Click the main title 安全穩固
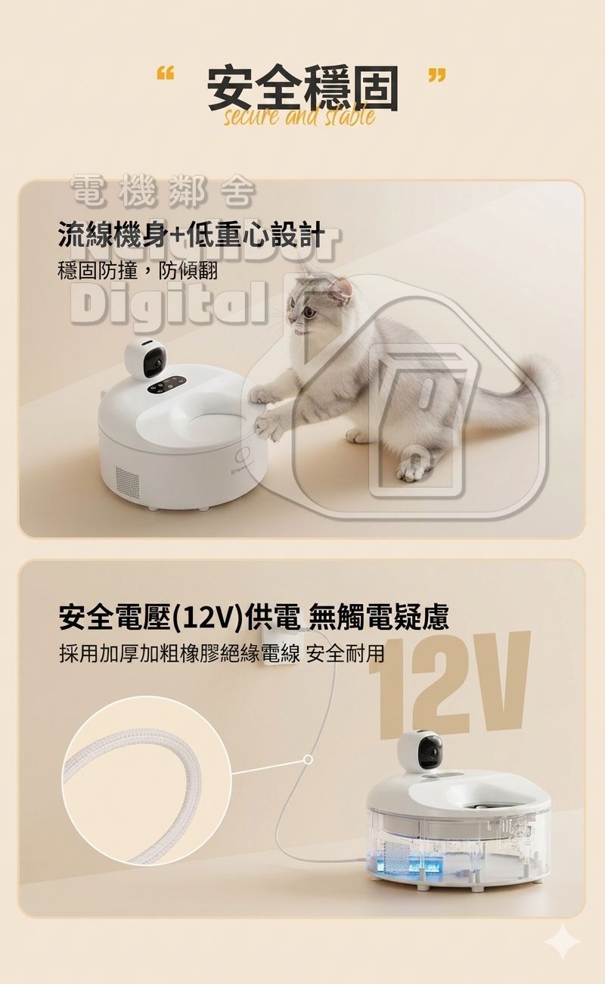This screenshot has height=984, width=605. [x=302, y=89]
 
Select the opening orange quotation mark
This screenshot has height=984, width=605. [x=165, y=75]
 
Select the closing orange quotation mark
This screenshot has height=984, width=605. [x=436, y=75]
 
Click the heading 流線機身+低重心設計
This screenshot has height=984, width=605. [x=191, y=235]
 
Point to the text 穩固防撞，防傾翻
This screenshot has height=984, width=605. [x=138, y=270]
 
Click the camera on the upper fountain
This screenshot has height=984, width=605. [x=147, y=361]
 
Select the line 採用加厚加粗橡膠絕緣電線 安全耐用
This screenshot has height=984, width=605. [x=222, y=652]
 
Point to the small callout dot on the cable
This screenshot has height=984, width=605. [x=308, y=758]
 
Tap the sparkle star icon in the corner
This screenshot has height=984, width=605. [x=563, y=942]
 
